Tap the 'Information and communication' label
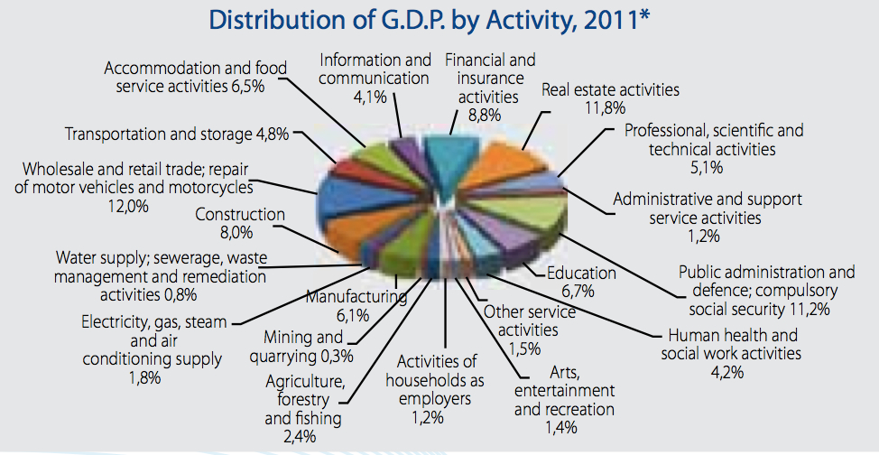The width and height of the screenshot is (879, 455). tap(375, 69)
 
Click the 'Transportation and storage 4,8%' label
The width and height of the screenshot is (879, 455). tap(177, 135)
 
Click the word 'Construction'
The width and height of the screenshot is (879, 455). tap(240, 215)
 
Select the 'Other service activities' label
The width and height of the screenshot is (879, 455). tap(528, 320)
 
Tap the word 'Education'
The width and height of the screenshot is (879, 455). tap(582, 274)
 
